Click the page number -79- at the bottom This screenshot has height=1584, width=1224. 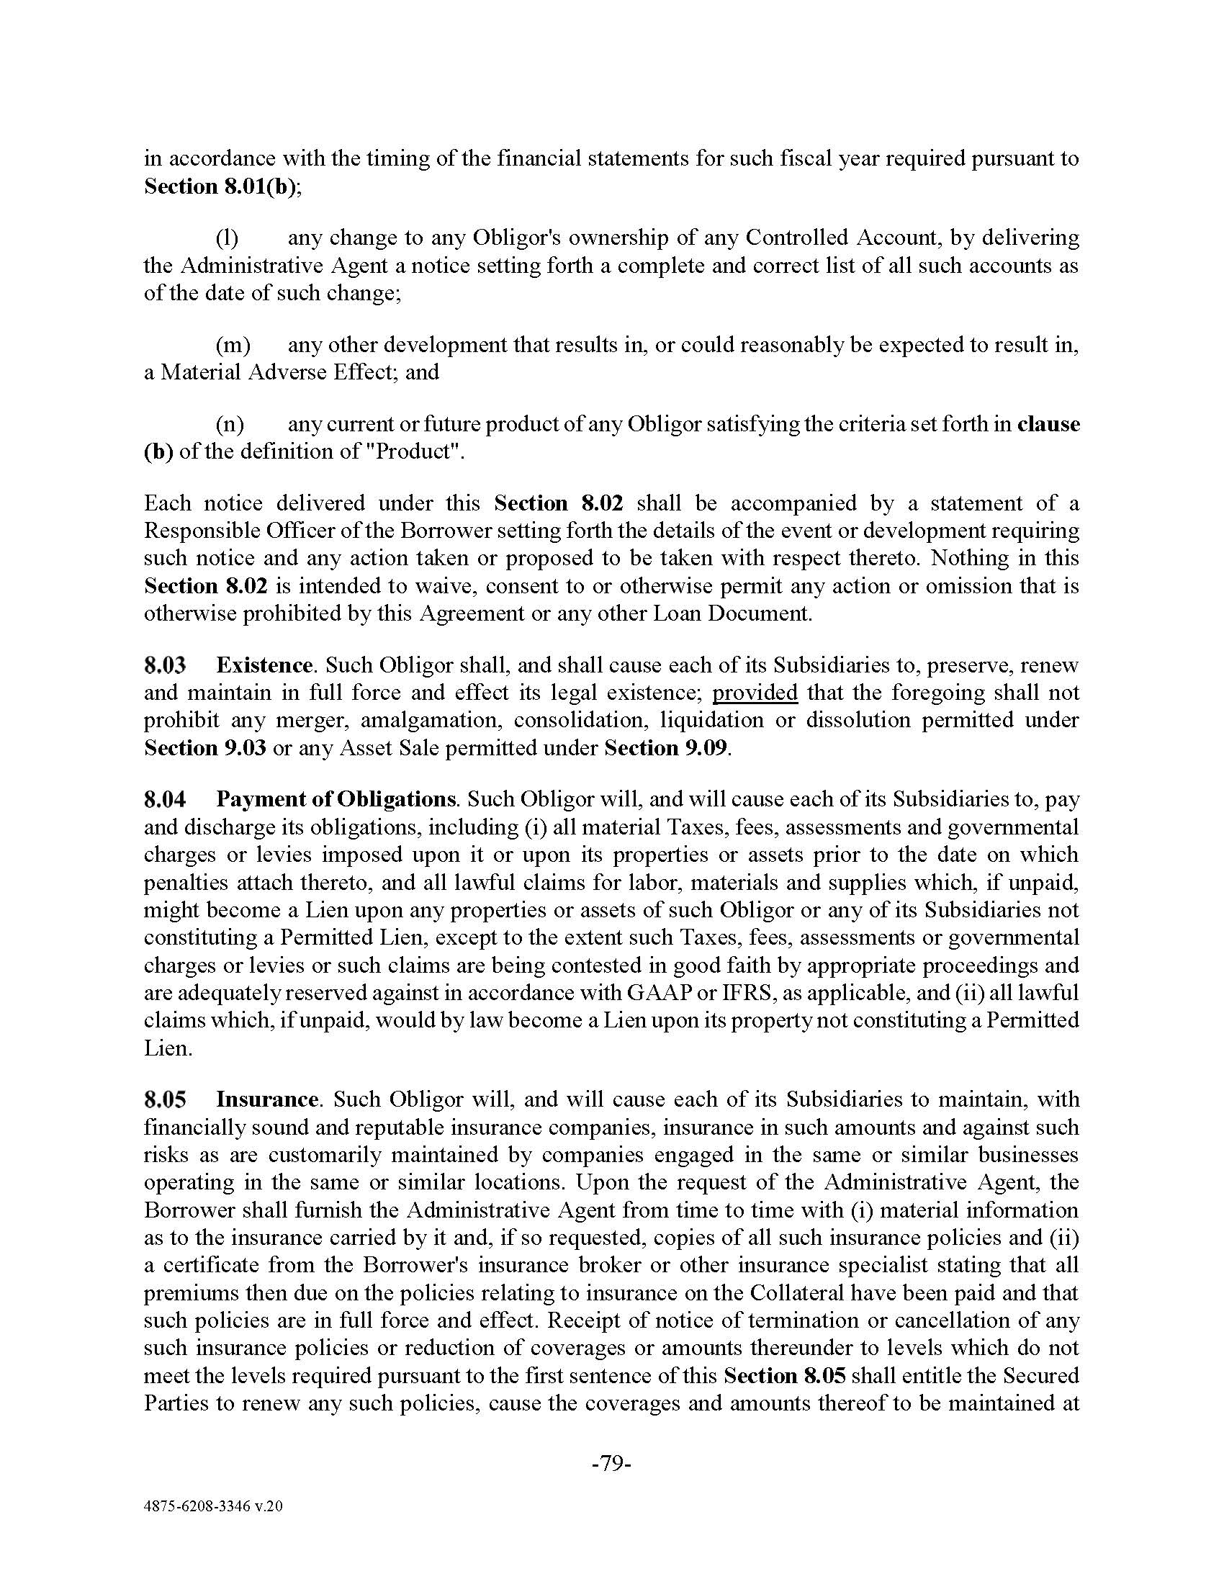pos(612,1464)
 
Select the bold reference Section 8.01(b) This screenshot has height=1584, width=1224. pos(222,186)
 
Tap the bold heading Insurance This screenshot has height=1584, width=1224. pos(267,1099)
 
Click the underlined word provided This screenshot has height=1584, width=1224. pos(755,693)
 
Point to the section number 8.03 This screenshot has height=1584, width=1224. pos(165,665)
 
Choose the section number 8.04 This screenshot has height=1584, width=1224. pos(165,799)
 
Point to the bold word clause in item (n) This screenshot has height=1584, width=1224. pos(1048,423)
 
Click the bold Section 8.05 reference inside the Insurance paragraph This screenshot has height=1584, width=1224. pos(785,1375)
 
